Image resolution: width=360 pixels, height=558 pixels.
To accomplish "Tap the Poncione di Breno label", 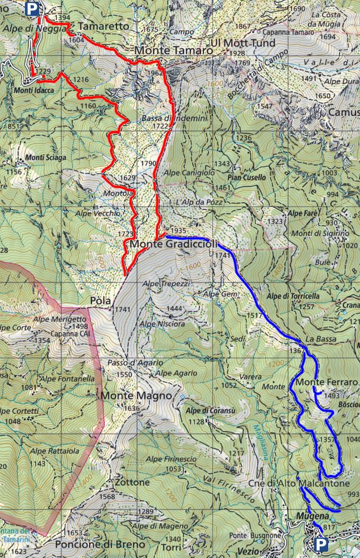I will pos(99,544).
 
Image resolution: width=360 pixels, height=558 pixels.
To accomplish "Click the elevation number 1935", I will pos(178,230).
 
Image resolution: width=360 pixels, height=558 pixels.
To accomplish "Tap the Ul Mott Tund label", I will pos(242,43).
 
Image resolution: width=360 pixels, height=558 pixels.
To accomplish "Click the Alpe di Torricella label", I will pos(292,296).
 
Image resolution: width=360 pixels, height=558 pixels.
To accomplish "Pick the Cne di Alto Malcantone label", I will pos(299,483).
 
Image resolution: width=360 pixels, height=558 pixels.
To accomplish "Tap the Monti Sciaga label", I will pos(45,157).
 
